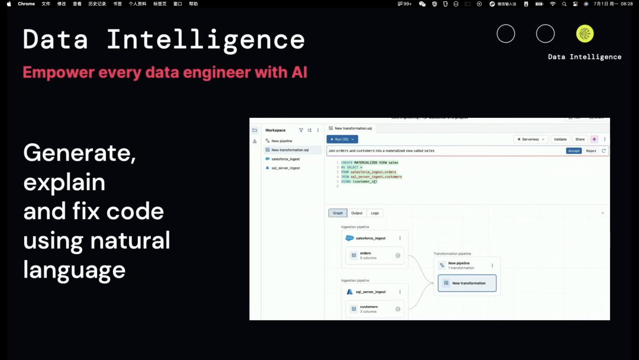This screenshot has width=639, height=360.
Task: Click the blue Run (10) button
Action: (x=342, y=139)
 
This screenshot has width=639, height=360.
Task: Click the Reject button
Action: (x=590, y=151)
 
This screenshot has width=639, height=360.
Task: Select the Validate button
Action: (x=559, y=139)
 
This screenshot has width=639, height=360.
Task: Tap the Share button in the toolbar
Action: (x=580, y=139)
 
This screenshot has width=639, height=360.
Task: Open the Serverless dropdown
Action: (x=531, y=139)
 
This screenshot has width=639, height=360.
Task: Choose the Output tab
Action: (x=357, y=213)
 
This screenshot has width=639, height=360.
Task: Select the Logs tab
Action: (x=375, y=213)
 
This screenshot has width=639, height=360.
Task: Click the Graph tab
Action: (x=338, y=213)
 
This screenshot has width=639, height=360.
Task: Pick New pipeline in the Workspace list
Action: (x=282, y=141)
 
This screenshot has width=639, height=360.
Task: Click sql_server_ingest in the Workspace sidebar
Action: (x=285, y=168)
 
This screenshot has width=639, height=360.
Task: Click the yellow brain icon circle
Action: (x=585, y=34)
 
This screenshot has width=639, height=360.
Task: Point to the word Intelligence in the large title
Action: (x=206, y=40)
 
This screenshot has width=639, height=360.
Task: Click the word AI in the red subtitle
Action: (x=299, y=73)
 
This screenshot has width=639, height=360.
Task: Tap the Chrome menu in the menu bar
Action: (x=26, y=4)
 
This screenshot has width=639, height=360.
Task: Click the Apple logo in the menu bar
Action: (x=9, y=4)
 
